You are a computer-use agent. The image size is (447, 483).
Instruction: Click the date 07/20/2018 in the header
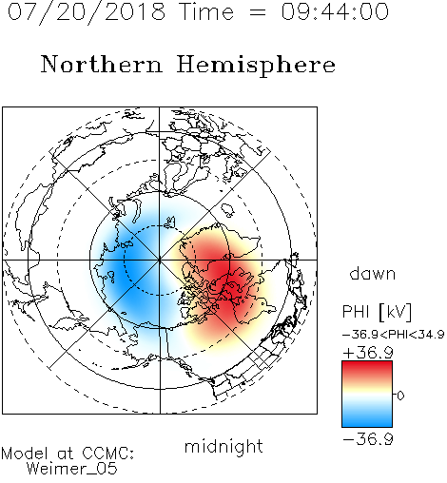tap(87, 12)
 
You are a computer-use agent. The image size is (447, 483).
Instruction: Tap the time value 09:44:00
tap(335, 11)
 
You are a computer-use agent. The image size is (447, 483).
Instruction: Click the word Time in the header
tap(206, 11)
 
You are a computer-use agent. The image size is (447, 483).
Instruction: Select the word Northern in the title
tap(102, 64)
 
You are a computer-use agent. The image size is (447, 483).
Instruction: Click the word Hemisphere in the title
tap(256, 66)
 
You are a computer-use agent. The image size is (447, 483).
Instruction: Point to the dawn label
tap(373, 273)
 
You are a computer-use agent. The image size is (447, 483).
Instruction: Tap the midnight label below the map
tap(223, 446)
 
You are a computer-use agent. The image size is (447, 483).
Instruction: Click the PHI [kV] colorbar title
tap(377, 312)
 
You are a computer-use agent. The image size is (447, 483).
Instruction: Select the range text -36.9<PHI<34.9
tap(393, 335)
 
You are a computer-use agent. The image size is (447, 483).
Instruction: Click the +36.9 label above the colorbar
tap(368, 353)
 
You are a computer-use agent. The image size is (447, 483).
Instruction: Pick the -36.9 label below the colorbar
tap(368, 439)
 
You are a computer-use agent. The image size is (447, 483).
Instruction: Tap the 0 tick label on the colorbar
tap(400, 396)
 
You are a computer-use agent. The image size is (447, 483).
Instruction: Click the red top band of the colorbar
tap(367, 369)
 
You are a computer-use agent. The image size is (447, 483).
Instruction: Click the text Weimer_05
tap(72, 468)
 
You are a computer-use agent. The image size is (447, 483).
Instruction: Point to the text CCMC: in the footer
tap(108, 454)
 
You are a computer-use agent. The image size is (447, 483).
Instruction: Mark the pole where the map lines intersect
tap(160, 261)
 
